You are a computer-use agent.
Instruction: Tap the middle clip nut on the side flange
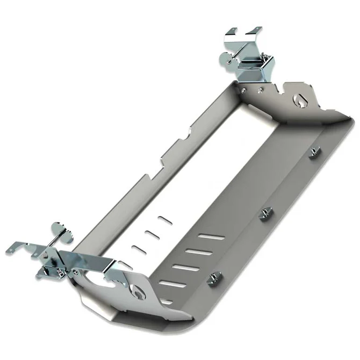point(264,214)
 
